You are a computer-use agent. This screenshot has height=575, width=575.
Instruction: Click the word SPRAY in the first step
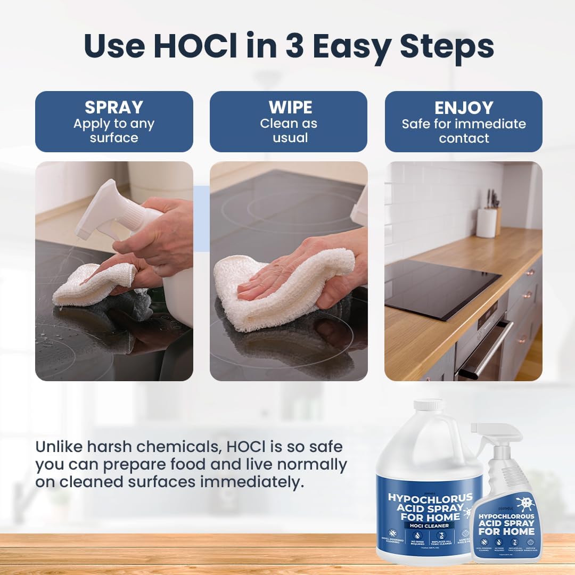click(x=114, y=107)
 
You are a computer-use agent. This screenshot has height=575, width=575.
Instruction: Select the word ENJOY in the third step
click(x=463, y=108)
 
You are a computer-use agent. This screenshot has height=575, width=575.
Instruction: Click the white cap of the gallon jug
click(x=429, y=405)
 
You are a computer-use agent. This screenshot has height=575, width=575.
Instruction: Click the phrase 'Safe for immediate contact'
click(x=463, y=131)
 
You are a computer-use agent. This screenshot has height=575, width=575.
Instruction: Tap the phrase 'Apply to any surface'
click(x=114, y=131)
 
